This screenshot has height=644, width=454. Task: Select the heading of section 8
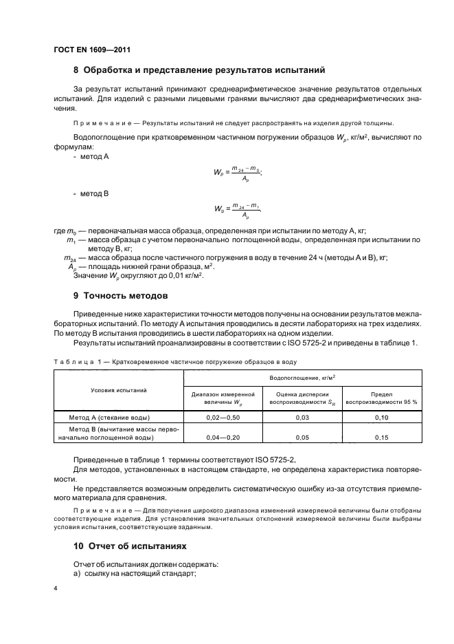[x=199, y=70]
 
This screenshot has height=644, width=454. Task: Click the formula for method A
[x=238, y=173]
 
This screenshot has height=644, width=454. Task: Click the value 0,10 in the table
[x=381, y=418]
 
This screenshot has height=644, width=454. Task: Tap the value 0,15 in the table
[x=381, y=436]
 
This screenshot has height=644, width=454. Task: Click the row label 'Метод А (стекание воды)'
[x=119, y=418]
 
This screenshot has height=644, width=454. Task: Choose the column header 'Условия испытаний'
[x=119, y=390]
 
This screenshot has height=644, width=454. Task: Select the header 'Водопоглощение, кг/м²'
[x=302, y=377]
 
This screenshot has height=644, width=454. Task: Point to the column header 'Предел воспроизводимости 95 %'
[x=381, y=398]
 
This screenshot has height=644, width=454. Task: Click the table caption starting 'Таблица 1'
[x=175, y=361]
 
